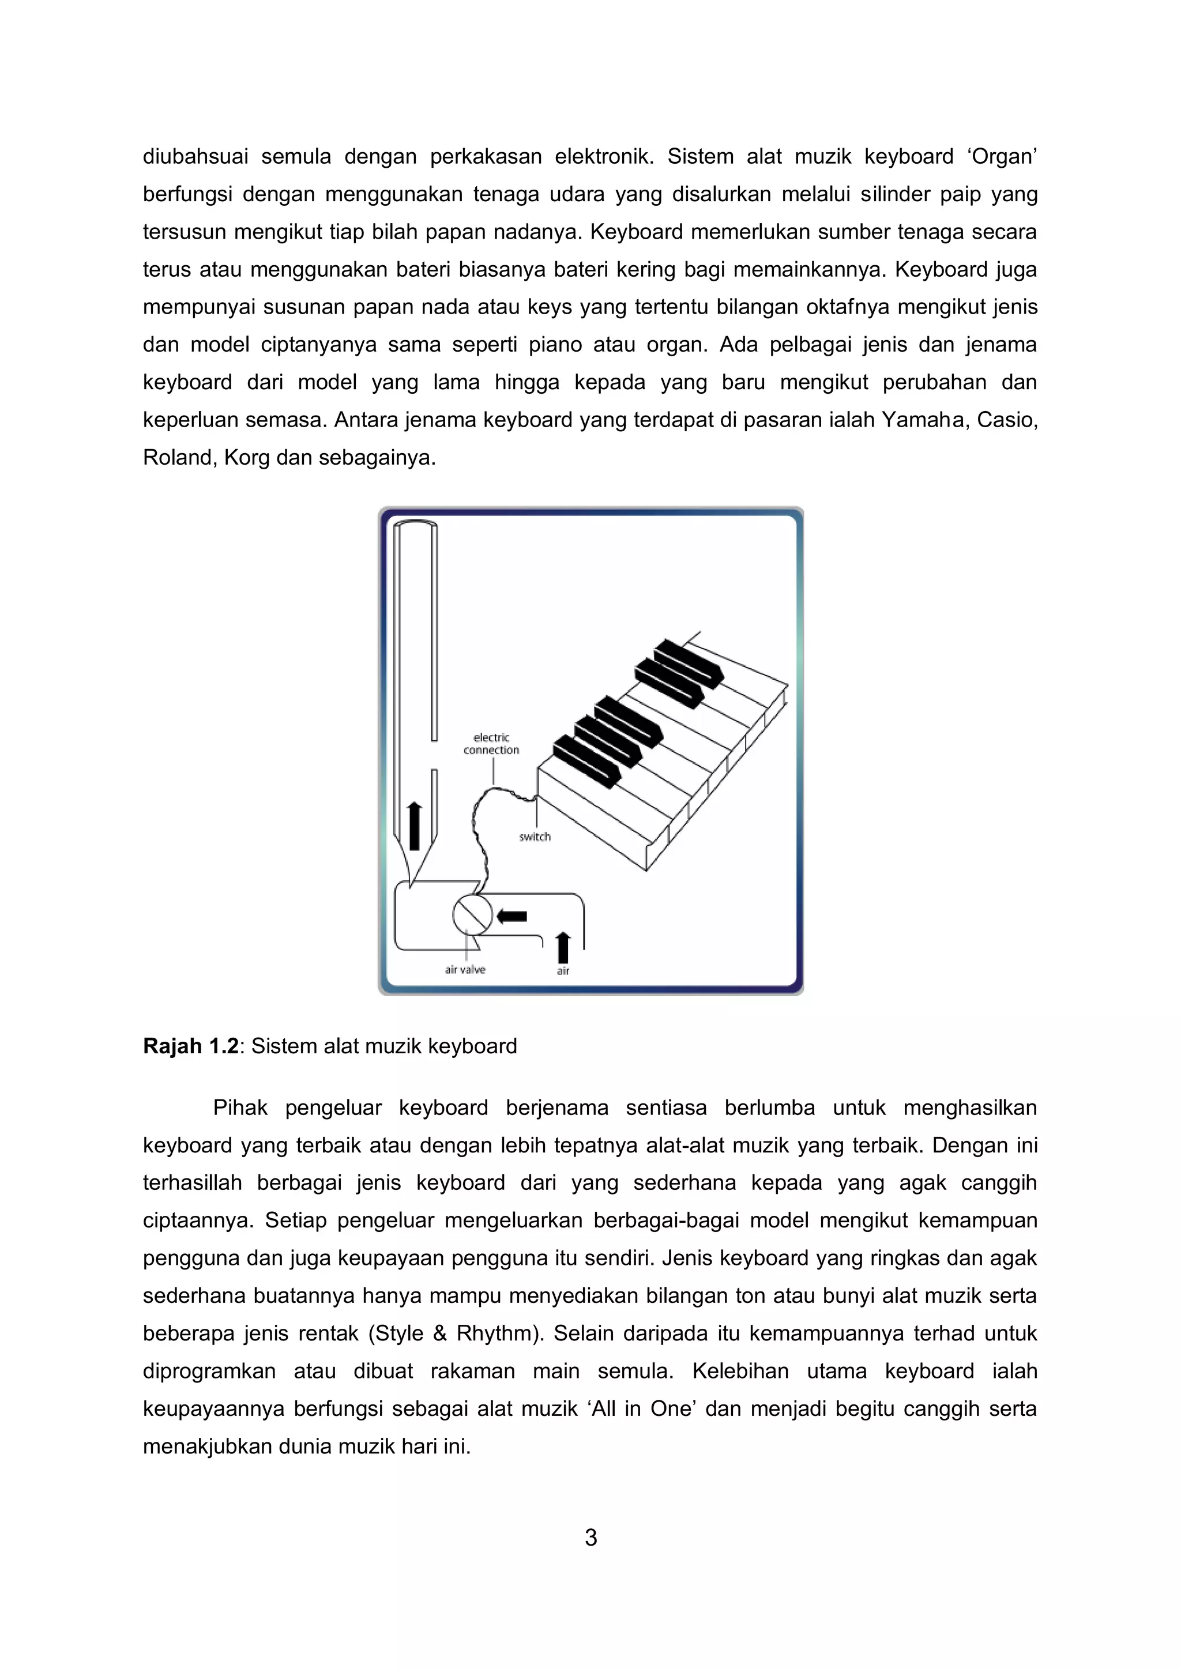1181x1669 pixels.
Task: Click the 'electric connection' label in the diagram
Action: tap(491, 744)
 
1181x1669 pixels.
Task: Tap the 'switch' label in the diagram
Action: tap(535, 837)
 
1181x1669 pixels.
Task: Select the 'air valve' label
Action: tap(465, 969)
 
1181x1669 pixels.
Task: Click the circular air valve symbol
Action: tap(472, 915)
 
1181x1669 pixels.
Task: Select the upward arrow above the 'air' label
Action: tap(563, 947)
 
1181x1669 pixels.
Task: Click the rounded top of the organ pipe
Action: tap(415, 525)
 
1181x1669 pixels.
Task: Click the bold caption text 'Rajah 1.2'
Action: tap(190, 1046)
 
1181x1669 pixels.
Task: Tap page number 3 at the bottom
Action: tap(590, 1538)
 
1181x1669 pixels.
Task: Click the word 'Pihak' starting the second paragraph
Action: tap(240, 1108)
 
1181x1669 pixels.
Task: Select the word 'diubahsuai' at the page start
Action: tap(195, 157)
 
